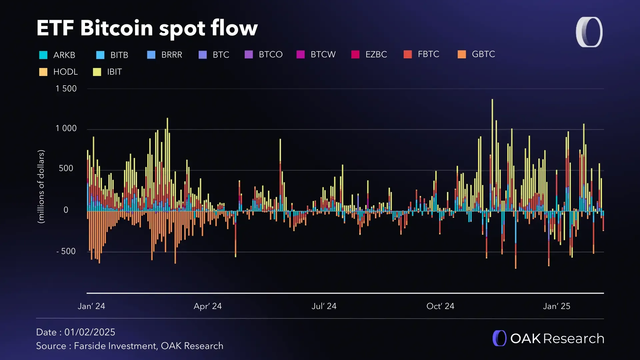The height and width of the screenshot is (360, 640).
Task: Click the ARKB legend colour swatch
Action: pyautogui.click(x=43, y=55)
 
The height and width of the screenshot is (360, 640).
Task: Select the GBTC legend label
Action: pyautogui.click(x=483, y=54)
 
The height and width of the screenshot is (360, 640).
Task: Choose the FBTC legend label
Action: pyautogui.click(x=428, y=54)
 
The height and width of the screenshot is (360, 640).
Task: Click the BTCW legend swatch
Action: pyautogui.click(x=301, y=55)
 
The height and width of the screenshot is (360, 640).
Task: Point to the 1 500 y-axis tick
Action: pyautogui.click(x=66, y=89)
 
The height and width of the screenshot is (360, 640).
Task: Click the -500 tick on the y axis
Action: pyautogui.click(x=66, y=251)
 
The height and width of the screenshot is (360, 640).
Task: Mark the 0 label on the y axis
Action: pyautogui.click(x=66, y=210)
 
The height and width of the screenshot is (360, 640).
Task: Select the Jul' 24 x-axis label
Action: pyautogui.click(x=324, y=306)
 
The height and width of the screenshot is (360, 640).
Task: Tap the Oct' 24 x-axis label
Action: pyautogui.click(x=440, y=306)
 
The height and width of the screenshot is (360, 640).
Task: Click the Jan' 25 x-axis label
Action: pyautogui.click(x=556, y=306)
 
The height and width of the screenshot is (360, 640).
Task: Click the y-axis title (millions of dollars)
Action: pyautogui.click(x=41, y=187)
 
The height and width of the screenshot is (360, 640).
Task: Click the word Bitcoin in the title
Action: pyautogui.click(x=116, y=28)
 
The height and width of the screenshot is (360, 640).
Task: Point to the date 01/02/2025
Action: pyautogui.click(x=90, y=332)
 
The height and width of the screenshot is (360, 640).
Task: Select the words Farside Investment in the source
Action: pyautogui.click(x=115, y=346)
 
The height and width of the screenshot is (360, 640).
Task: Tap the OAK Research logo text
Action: pyautogui.click(x=557, y=339)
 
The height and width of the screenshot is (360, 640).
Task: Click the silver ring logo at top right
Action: pyautogui.click(x=589, y=32)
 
